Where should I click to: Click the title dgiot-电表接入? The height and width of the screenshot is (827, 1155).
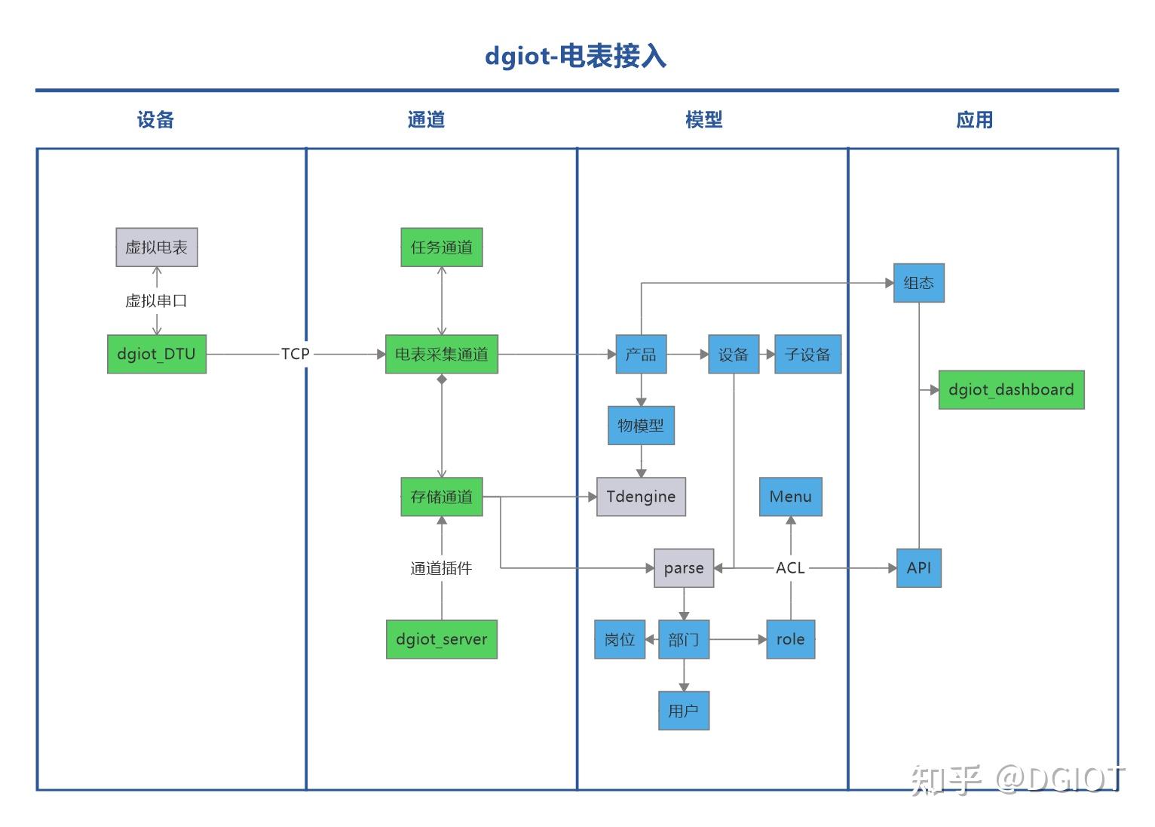[x=575, y=57]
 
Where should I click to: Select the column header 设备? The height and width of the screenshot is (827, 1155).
[x=155, y=120]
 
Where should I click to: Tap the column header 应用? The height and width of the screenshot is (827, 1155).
[x=974, y=120]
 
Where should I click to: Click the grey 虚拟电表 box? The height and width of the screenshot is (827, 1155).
[x=157, y=247]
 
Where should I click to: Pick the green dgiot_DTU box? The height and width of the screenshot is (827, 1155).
[x=157, y=354]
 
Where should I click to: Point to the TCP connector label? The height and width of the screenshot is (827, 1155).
[x=295, y=354]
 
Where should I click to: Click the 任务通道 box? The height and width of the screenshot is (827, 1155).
[x=441, y=247]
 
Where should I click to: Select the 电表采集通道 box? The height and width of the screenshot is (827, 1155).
[x=441, y=354]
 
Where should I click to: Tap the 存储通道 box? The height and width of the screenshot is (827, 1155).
[x=441, y=497]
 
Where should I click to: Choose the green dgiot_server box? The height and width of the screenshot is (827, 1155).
[x=441, y=639]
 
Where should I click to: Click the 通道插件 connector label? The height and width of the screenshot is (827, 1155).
[x=441, y=568]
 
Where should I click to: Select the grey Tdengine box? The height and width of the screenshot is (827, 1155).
[x=641, y=497]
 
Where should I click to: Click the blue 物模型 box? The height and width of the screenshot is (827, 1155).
[x=641, y=426]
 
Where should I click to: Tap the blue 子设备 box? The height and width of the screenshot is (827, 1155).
[x=807, y=354]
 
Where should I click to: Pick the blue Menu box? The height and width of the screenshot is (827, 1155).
[x=790, y=497]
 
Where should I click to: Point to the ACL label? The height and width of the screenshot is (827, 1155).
[x=790, y=568]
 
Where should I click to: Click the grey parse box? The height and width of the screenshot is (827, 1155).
[x=684, y=568]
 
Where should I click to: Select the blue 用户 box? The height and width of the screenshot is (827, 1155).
[x=684, y=711]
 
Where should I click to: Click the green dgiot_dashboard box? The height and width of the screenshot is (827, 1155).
[x=1010, y=390]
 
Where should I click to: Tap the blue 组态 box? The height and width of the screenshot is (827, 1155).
[x=918, y=283]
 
